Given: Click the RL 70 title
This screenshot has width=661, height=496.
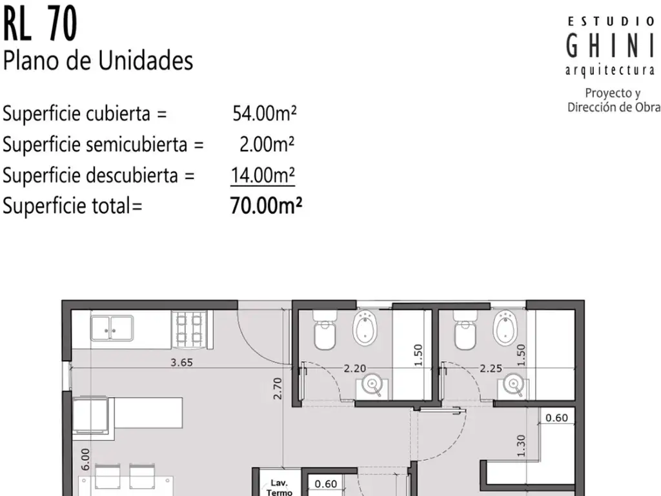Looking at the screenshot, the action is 40,25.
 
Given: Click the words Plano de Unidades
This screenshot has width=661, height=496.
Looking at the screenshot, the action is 98,60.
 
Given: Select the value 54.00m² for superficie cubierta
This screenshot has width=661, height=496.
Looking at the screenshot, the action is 264,113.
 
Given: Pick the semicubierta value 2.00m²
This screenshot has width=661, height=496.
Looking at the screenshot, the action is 267,144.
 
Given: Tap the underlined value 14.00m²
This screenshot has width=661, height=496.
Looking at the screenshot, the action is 263,175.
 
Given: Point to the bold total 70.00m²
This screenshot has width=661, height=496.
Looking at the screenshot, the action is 266,206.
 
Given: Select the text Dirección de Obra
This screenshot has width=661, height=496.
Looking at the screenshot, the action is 614,108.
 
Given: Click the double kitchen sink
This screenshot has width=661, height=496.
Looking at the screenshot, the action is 112,327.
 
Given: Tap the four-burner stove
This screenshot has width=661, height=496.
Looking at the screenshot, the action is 189,329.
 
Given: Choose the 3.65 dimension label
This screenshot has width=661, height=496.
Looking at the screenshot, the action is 181,362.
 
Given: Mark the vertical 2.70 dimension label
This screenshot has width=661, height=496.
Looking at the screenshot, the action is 277,388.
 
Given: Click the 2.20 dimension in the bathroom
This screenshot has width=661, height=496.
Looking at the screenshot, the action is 354,369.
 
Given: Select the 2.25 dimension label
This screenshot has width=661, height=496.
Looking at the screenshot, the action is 491,369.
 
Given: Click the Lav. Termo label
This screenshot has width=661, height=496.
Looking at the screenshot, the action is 279,488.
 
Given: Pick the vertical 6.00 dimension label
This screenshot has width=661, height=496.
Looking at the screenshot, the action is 85,459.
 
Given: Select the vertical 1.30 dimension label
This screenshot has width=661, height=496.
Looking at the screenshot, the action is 521,446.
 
